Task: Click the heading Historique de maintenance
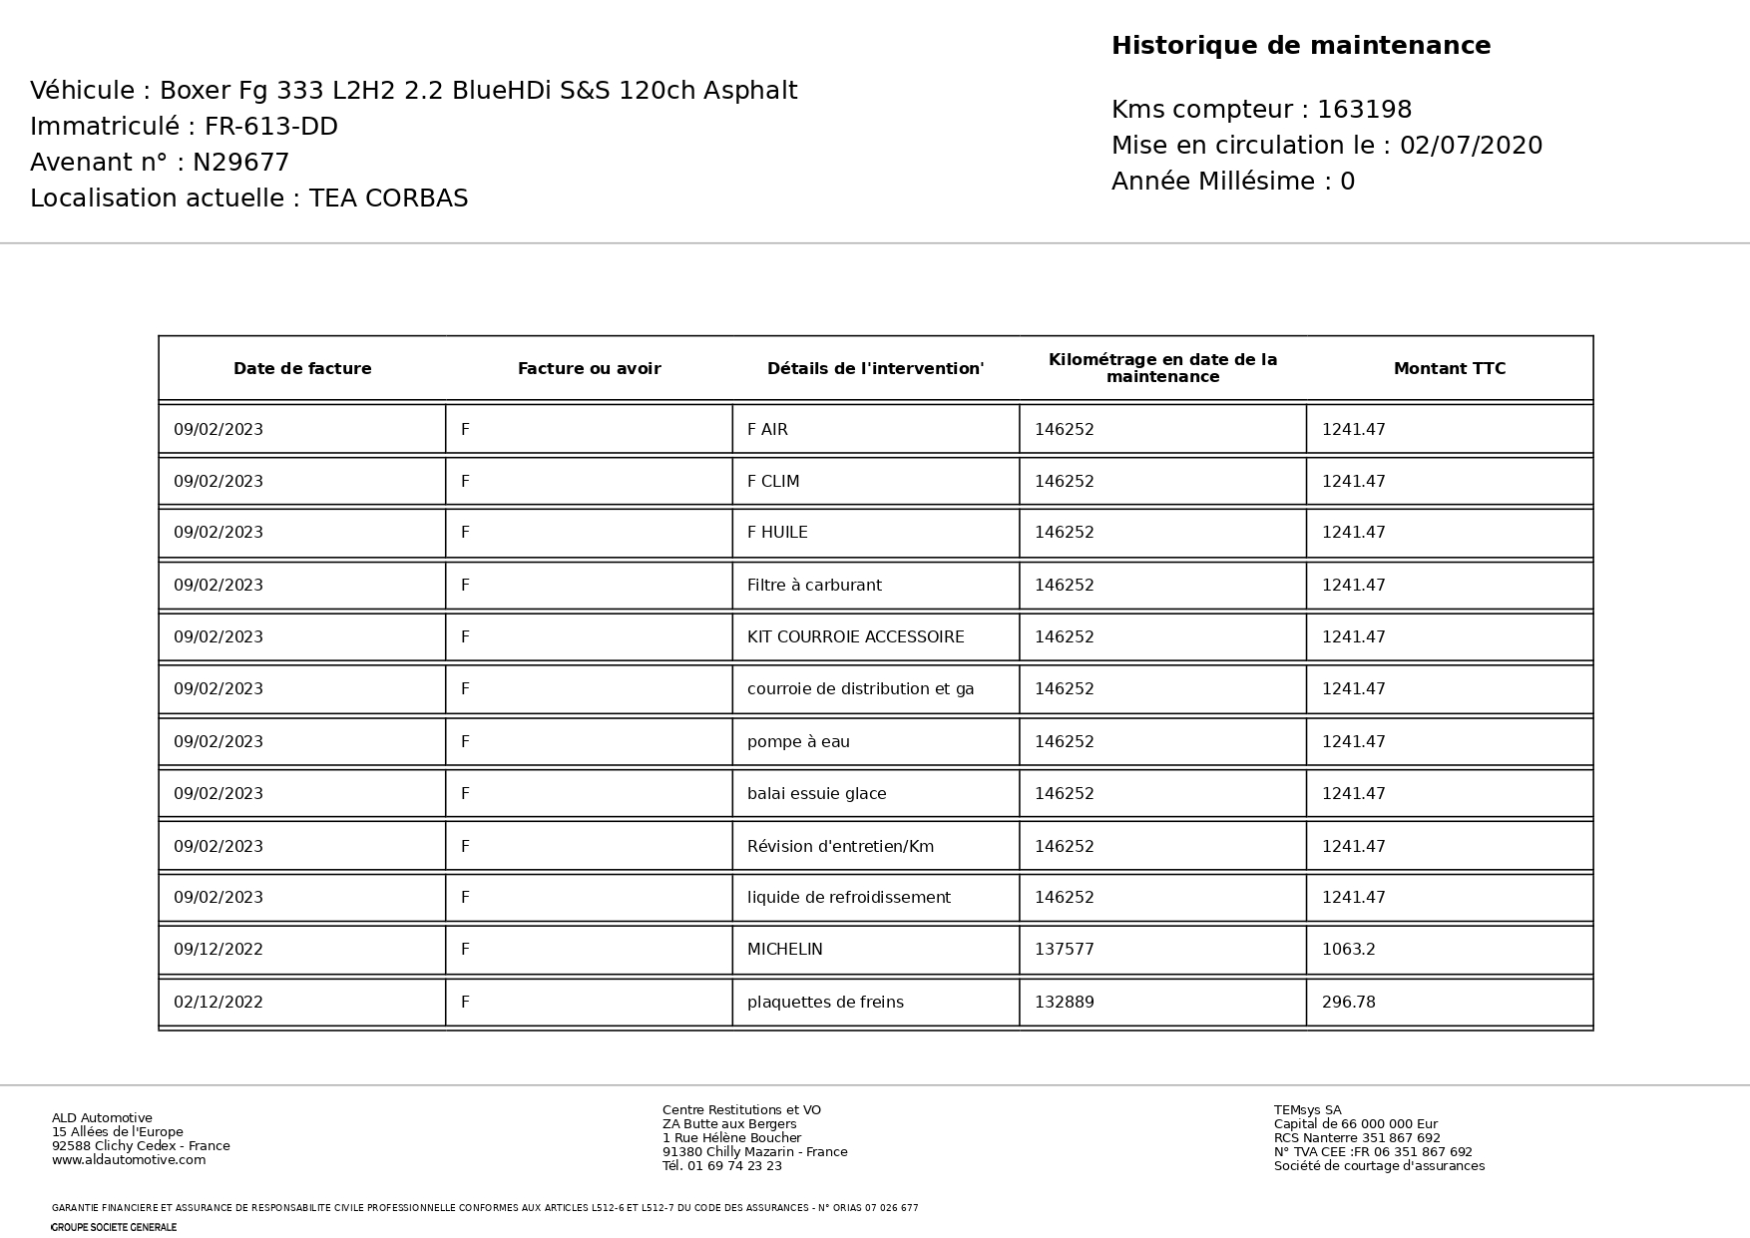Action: coord(1300,46)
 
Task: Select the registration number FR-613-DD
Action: coord(271,127)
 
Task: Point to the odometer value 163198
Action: coord(1364,110)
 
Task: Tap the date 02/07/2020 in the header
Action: coord(1471,146)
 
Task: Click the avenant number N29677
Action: coord(240,163)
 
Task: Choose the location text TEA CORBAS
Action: coord(388,199)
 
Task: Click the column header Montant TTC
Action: coord(1449,369)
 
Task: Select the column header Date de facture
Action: coord(302,369)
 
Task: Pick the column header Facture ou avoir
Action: coord(589,369)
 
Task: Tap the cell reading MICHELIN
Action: coord(785,950)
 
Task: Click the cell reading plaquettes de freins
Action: coord(825,1003)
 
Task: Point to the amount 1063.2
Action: coord(1348,950)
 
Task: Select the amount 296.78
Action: coord(1348,1003)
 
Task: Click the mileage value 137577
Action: coord(1064,950)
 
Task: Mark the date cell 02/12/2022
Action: coord(219,1003)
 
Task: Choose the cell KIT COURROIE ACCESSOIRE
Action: coord(855,637)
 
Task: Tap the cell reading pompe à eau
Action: coord(798,742)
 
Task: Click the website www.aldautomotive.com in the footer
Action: coord(129,1160)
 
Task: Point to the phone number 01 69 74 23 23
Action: coord(734,1166)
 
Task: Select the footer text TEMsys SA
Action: coord(1307,1110)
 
